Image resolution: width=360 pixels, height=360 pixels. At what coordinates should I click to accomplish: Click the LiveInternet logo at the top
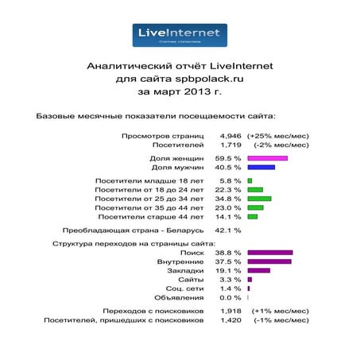tap(179, 35)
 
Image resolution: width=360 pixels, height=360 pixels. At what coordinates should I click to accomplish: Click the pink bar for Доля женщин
tap(267, 158)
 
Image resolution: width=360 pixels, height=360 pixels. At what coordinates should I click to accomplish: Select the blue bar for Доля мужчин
tap(261, 168)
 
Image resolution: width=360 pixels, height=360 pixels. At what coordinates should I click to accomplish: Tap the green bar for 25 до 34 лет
tap(259, 198)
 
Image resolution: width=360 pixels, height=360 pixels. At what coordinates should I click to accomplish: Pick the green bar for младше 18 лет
tap(250, 180)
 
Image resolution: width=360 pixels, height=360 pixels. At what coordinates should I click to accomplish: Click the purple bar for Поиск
tap(270, 252)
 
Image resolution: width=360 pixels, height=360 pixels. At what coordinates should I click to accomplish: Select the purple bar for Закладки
tap(258, 270)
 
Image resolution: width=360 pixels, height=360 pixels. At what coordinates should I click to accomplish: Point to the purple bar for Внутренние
tap(269, 261)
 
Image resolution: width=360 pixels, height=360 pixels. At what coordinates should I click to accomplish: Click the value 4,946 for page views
tap(229, 136)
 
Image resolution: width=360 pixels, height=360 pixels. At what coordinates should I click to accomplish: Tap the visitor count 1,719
tap(229, 145)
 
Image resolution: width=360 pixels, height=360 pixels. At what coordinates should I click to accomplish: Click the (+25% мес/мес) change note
tap(281, 136)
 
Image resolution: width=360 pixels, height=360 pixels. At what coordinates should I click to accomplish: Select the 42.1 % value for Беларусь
tap(229, 230)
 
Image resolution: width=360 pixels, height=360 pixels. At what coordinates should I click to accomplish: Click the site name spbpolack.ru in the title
tap(203, 79)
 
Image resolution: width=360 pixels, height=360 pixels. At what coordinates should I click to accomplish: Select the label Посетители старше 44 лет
tap(150, 216)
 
